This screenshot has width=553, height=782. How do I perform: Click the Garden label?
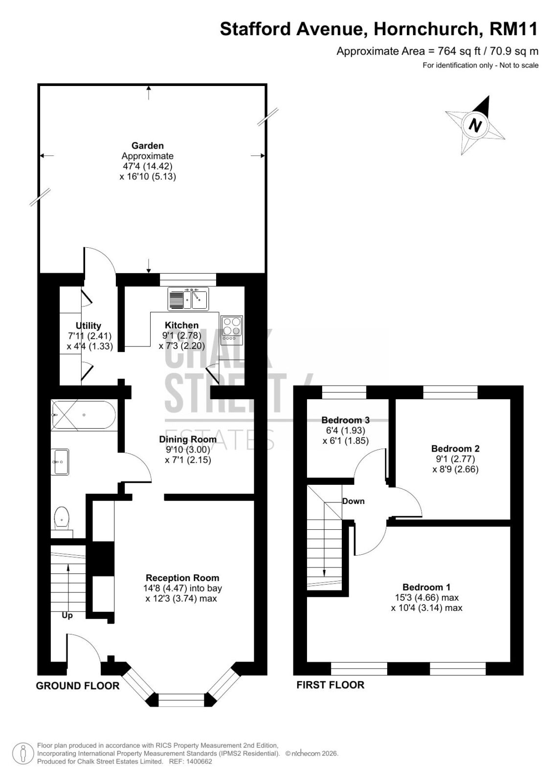(x=148, y=146)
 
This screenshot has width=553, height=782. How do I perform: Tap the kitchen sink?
(x=188, y=299)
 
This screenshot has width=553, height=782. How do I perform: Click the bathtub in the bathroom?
(x=84, y=415)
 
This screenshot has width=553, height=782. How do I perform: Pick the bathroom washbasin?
(x=60, y=462)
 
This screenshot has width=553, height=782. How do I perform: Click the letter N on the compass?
(x=475, y=125)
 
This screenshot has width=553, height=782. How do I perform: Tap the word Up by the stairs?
(x=67, y=615)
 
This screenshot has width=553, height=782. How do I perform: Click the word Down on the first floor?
(x=353, y=501)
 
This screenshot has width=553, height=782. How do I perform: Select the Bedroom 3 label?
(x=346, y=420)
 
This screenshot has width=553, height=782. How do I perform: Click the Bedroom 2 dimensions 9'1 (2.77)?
(x=456, y=459)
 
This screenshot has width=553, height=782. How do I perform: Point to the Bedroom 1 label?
(x=426, y=587)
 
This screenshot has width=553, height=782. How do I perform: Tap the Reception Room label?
(x=182, y=578)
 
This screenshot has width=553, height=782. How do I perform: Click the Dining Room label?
(x=188, y=439)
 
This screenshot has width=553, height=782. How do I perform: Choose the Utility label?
(x=88, y=326)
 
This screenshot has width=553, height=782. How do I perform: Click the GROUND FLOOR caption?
(x=78, y=686)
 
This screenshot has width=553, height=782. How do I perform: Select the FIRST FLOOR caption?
(x=330, y=685)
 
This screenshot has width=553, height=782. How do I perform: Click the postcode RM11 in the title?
(x=513, y=29)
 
